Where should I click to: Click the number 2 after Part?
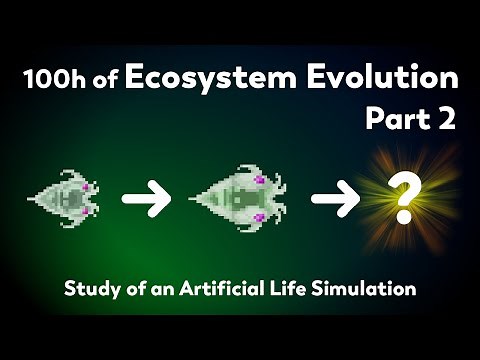coord(446,119)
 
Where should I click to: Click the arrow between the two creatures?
coord(145,199)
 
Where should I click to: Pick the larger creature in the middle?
coord(240,199)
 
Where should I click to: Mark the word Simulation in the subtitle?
coord(366,291)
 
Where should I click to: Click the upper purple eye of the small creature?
coord(89,187)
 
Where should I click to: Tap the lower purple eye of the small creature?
coord(89,211)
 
